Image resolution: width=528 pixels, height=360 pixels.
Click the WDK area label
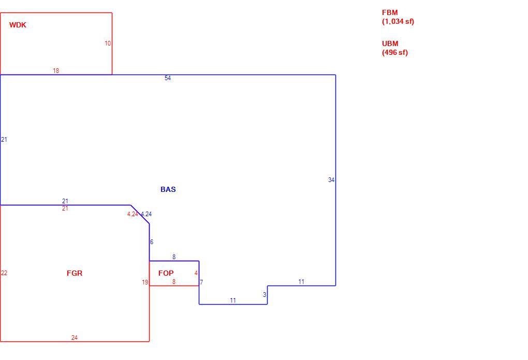[18, 25]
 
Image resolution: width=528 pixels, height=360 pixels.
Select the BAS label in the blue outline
[168, 189]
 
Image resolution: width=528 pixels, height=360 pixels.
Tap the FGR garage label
[75, 273]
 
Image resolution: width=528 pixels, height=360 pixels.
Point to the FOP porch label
[166, 273]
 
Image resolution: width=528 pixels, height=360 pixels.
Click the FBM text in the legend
[390, 13]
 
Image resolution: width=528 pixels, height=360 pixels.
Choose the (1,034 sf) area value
[398, 22]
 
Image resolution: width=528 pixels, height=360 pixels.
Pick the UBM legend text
[390, 44]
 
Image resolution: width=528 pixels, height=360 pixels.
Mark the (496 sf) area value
[395, 52]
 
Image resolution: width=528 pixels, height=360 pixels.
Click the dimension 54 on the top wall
[168, 78]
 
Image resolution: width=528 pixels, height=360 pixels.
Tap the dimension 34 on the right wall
[331, 180]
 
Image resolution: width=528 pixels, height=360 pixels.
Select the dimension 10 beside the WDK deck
[108, 43]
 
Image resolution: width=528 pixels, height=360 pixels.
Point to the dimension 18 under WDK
[56, 71]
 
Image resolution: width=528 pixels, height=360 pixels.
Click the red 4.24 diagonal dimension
[133, 214]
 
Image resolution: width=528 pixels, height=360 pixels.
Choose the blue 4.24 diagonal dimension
[146, 214]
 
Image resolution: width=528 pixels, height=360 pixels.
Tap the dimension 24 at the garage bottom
[75, 337]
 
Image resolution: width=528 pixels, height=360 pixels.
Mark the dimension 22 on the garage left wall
[4, 273]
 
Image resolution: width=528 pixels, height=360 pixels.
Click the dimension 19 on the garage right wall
[145, 282]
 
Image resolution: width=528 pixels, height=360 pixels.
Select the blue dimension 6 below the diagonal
[152, 242]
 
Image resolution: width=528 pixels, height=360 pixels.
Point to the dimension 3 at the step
[265, 295]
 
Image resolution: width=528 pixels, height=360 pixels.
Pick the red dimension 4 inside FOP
[196, 273]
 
